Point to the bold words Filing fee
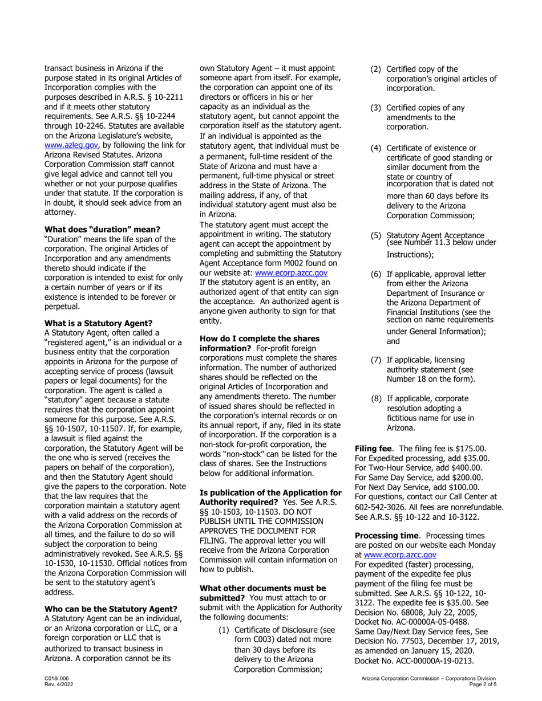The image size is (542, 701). (374, 449)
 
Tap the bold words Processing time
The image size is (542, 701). (387, 536)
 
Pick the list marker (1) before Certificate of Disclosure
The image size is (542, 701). (225, 630)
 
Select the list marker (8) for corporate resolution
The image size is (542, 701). (377, 398)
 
